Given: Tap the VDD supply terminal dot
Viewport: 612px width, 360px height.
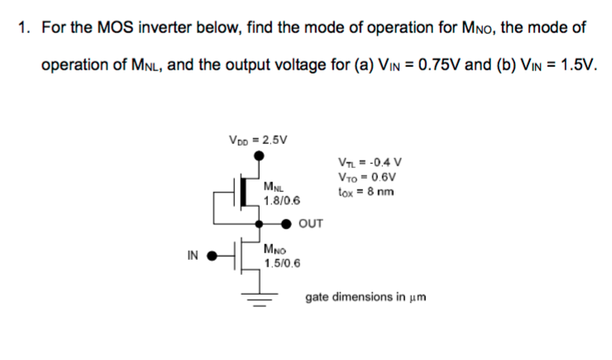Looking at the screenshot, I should coord(260,154).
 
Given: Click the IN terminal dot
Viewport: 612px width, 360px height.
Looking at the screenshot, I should coord(212,256).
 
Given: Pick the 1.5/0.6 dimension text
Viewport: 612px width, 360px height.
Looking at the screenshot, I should coord(282,262).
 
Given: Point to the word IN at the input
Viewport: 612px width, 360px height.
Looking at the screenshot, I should coord(193,255).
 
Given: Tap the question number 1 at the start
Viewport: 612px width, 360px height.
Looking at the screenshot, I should coord(23,28).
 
